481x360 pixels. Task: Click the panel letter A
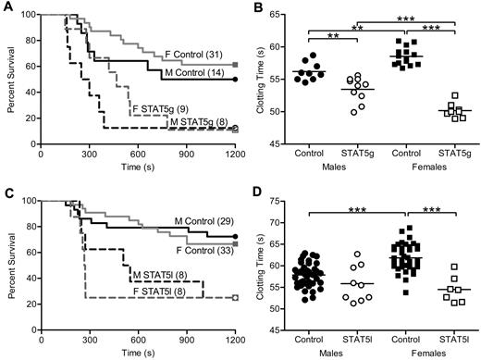tap(6, 7)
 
